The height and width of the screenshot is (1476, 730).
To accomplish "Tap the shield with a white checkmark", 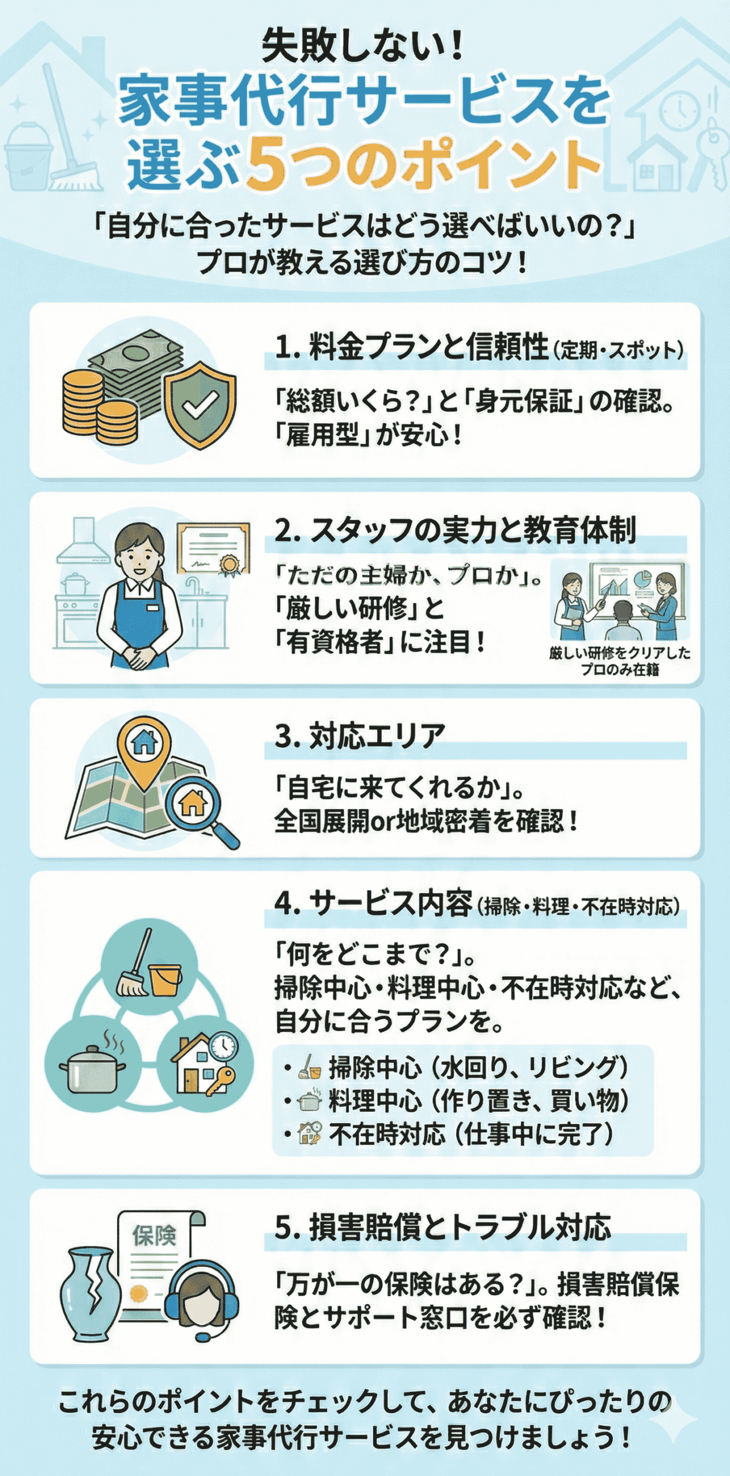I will (x=200, y=404).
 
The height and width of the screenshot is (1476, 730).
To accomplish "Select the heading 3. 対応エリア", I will (x=360, y=736).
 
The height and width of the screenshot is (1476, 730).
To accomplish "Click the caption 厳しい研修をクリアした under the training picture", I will (x=619, y=653).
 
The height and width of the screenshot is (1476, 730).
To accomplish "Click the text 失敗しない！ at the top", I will (x=363, y=46).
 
